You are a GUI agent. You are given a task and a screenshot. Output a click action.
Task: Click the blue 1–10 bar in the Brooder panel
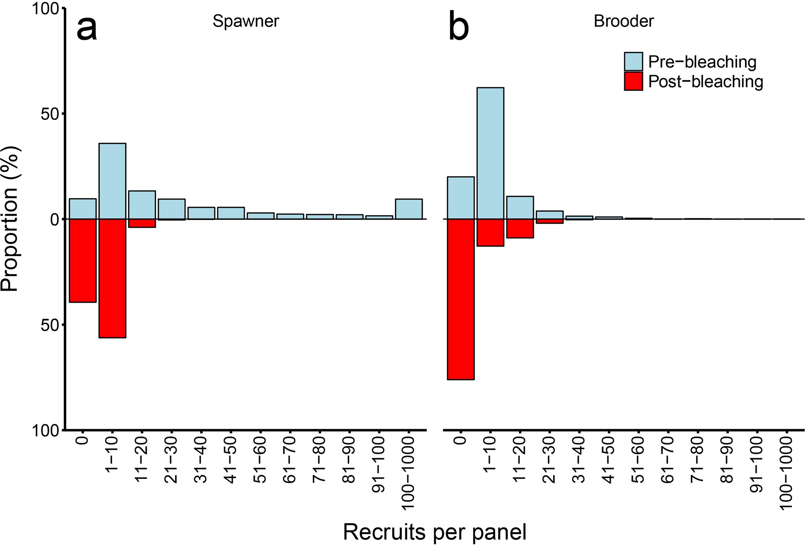click(490, 153)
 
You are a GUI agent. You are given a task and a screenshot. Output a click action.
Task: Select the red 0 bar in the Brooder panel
click(460, 299)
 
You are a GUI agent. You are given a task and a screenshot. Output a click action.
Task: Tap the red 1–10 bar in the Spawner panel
click(112, 278)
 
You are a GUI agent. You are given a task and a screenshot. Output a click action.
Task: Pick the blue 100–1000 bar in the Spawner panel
click(408, 209)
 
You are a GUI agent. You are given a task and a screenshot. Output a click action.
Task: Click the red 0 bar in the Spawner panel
click(83, 260)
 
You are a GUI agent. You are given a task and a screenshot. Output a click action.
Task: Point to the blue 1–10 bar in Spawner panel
click(112, 181)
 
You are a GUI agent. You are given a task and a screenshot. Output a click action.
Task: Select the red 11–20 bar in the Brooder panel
click(520, 228)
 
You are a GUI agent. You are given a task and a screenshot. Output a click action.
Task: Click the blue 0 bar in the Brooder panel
click(460, 198)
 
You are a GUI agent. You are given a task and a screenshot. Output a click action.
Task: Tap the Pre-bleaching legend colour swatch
click(633, 61)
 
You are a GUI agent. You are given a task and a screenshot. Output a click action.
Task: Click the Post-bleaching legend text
click(705, 82)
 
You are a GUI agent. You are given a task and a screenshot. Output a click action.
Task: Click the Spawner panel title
click(245, 21)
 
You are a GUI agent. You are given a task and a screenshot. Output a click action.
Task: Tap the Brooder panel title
click(624, 21)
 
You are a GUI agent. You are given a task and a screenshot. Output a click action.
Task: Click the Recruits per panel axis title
click(435, 532)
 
